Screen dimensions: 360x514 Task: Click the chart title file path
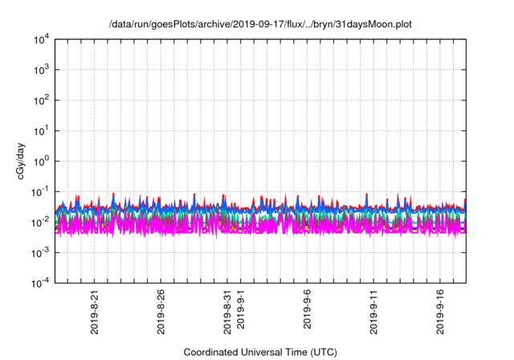tap(259, 25)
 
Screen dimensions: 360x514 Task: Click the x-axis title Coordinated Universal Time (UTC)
tap(259, 352)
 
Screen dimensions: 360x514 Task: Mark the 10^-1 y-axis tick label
tap(38, 191)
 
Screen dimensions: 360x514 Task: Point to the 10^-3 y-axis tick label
tap(38, 252)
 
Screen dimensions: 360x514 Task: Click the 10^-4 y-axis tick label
tap(38, 282)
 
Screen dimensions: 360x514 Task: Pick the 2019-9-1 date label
tap(240, 313)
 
